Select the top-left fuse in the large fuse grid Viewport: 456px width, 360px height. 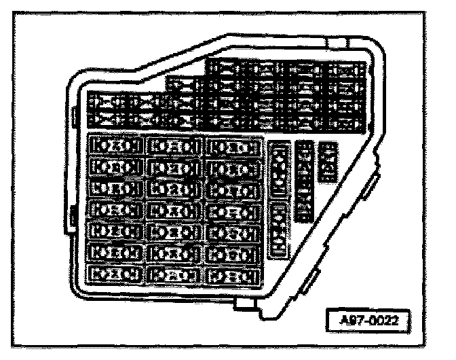[x=115, y=146]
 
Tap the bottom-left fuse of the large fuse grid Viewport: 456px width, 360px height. [x=115, y=274]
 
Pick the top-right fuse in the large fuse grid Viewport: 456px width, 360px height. [x=235, y=146]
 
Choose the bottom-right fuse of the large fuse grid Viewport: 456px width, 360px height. [x=235, y=275]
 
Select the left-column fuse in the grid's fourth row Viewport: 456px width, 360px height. [x=115, y=211]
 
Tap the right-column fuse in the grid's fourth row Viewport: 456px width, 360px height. [x=235, y=211]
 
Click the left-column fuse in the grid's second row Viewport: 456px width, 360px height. [x=115, y=167]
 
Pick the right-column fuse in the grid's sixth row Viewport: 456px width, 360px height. [x=235, y=253]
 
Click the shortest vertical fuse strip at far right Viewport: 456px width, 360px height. [x=329, y=162]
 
